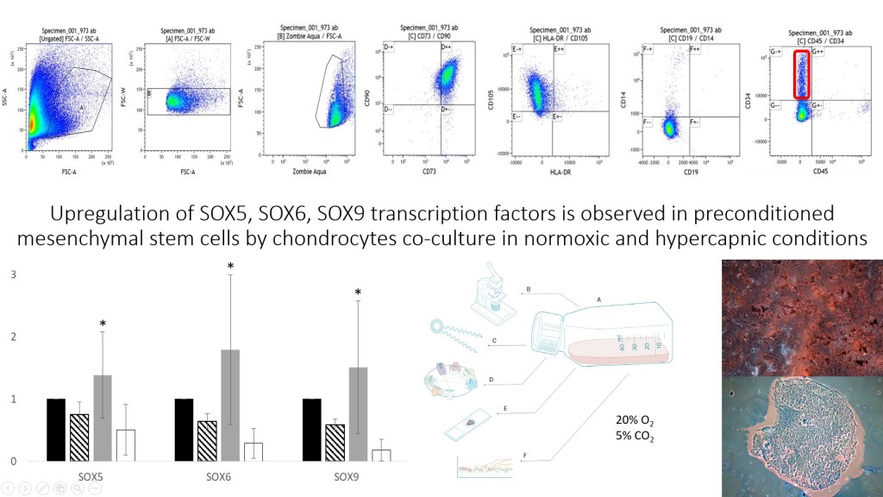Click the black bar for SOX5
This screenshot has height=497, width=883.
point(56,430)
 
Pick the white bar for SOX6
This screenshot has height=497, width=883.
point(254,451)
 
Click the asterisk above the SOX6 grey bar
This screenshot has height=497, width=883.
point(230,267)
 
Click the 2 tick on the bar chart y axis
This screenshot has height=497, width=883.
point(13,337)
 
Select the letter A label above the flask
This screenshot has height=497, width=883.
point(598,299)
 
